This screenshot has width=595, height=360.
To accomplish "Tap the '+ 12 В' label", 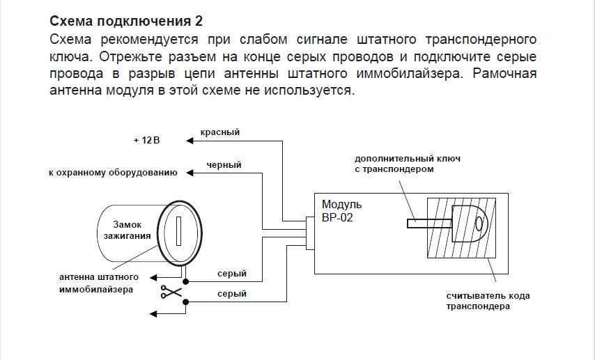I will click(x=147, y=141).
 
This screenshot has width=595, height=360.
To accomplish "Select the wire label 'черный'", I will click(x=224, y=165).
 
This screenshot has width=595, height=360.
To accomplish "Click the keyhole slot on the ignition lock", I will click(x=178, y=230).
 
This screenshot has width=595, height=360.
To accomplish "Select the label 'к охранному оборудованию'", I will click(x=112, y=173).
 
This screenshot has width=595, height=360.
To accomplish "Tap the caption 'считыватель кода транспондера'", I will click(x=488, y=301).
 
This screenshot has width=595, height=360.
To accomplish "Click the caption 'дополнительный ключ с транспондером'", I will click(x=407, y=164).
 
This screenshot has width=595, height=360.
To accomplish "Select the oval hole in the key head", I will click(x=479, y=224).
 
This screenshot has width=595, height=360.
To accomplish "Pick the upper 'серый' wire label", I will click(x=231, y=274).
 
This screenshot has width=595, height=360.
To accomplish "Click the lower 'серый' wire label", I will click(x=231, y=294).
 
